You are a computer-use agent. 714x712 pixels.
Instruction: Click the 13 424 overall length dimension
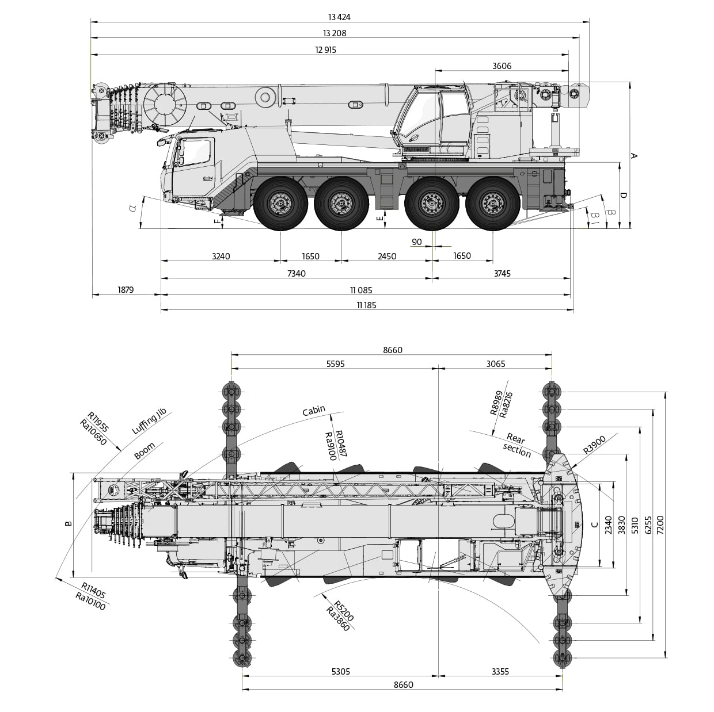(x=339, y=17)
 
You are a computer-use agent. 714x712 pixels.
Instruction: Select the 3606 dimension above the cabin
(x=502, y=66)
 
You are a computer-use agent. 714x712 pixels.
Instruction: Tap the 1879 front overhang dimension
(x=126, y=289)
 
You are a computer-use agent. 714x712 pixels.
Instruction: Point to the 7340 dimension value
(x=297, y=273)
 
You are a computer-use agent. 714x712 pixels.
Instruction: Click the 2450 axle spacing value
(x=387, y=256)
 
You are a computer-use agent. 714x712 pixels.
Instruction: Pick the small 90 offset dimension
(x=416, y=242)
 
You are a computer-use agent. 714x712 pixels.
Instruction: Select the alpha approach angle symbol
(x=132, y=208)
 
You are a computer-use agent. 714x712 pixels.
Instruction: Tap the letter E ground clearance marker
(x=379, y=219)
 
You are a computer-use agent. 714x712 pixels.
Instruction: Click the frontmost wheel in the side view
(x=280, y=204)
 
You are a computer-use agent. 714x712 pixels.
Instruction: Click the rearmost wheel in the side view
(x=493, y=204)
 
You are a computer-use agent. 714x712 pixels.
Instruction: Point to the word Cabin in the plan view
(x=314, y=410)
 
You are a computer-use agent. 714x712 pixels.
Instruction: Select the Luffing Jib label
(x=149, y=421)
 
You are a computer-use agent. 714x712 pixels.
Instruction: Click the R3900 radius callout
(x=594, y=445)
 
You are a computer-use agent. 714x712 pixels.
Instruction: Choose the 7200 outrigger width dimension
(x=660, y=525)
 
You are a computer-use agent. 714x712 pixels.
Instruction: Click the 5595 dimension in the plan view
(x=335, y=364)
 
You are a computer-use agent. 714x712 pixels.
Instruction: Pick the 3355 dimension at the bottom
(x=500, y=671)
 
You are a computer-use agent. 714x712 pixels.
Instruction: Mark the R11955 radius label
(x=98, y=422)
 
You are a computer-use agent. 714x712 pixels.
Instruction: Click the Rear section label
(x=516, y=445)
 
